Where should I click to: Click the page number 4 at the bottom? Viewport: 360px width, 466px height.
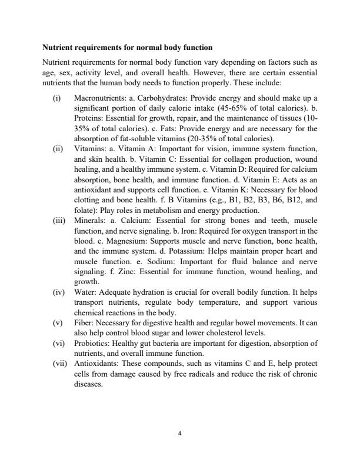[x=180, y=435]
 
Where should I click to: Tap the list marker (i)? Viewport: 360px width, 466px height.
[x=57, y=97]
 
